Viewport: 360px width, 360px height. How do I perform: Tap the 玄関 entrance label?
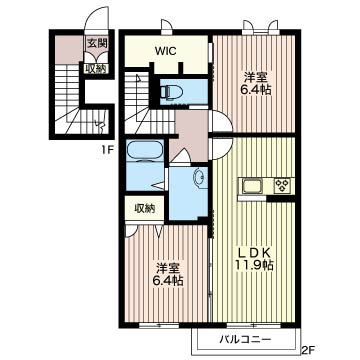(96, 43)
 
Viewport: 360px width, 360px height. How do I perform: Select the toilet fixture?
(171, 91)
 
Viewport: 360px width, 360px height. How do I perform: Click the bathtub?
(145, 151)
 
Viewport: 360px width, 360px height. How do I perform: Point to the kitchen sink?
(253, 185)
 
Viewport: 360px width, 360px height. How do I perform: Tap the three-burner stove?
(282, 185)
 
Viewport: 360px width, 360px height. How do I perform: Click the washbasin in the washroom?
(199, 177)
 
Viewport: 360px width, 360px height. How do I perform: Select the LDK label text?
(254, 253)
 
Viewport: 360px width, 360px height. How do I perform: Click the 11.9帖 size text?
(255, 265)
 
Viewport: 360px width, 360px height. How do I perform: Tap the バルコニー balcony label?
(245, 340)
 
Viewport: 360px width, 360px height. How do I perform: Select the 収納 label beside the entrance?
(96, 69)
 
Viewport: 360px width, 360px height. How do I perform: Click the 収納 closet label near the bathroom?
(145, 209)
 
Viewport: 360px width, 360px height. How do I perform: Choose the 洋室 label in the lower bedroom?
(168, 268)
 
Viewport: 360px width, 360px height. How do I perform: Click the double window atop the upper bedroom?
(260, 28)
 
